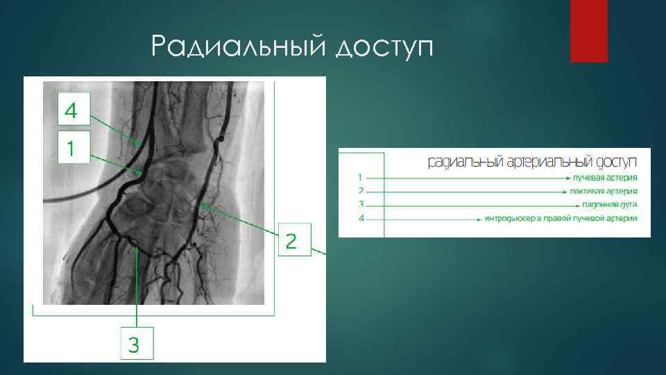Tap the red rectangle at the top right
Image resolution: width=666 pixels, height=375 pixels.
pos(588,31)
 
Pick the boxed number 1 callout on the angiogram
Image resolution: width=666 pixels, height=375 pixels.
pos(73,148)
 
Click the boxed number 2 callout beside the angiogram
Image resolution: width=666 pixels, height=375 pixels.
pos(292,241)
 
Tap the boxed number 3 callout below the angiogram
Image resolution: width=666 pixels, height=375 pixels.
pos(137,344)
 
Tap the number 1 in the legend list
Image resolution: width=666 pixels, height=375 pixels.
pos(361,177)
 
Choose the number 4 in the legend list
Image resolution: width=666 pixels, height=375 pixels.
pos(361,219)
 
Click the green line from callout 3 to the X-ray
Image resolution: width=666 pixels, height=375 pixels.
pos(137,285)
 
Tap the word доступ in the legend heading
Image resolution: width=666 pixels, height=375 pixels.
pos(610,162)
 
